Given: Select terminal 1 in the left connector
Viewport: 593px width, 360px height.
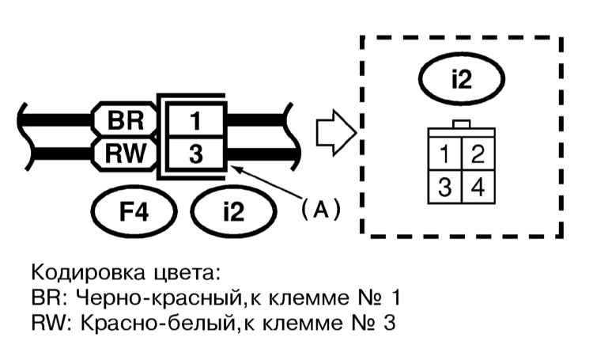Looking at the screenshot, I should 195,121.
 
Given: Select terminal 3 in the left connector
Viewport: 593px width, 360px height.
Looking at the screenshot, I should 195,151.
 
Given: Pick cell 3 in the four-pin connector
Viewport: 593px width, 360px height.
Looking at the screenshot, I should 446,187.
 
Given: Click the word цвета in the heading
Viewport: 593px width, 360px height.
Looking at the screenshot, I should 184,276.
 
